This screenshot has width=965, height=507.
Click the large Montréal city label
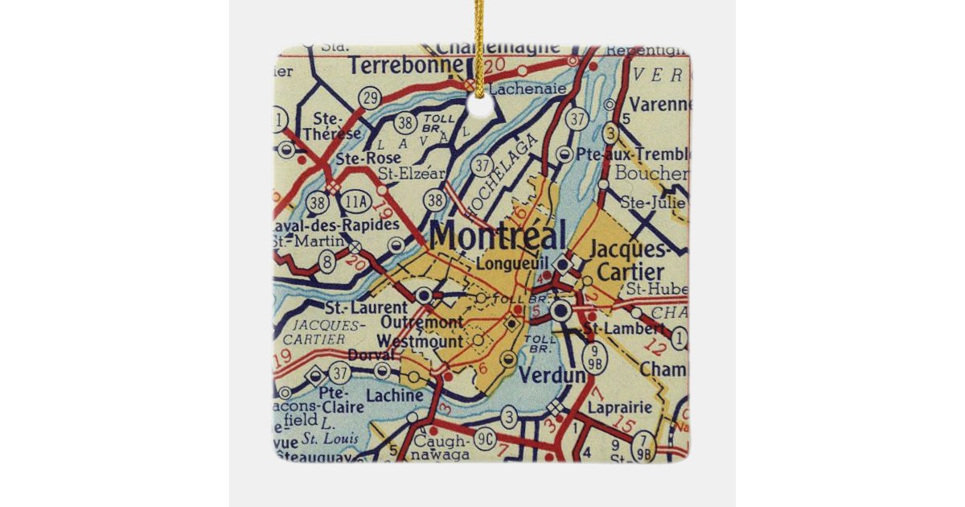tap(498, 235)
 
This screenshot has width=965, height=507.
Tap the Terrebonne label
tap(396, 64)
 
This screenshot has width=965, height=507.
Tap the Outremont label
tap(422, 323)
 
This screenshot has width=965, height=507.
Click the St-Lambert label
tap(624, 328)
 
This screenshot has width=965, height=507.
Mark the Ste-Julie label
tap(648, 203)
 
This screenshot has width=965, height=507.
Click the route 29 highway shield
tap(370, 98)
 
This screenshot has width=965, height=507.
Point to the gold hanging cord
tap(479, 40)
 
